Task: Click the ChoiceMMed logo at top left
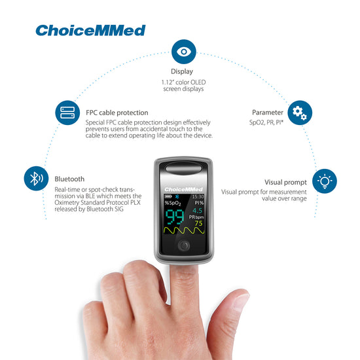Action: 90,30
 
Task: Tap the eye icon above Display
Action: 183,51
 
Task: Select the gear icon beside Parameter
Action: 300,113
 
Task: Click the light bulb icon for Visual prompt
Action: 325,181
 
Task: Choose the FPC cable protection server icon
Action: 67,113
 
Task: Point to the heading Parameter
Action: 268,113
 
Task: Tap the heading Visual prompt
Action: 285,181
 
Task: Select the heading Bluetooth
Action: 69,178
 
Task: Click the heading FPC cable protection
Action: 117,113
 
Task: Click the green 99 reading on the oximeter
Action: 173,218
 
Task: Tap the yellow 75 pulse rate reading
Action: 198,223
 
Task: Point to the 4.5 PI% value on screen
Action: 197,211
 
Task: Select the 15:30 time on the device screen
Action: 198,196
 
